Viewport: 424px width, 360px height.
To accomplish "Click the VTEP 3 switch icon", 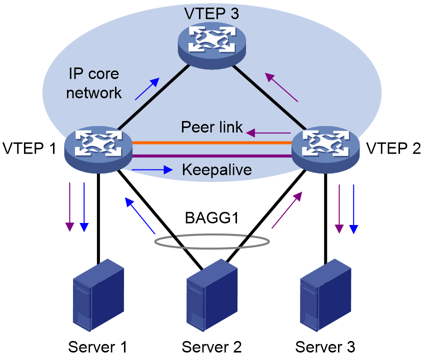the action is [211, 45].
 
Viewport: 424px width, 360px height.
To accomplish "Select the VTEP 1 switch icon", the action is [98, 149].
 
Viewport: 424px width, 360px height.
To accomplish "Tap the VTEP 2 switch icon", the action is [325, 149].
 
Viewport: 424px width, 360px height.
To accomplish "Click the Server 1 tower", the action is [98, 295].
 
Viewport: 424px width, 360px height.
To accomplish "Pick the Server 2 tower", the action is [212, 295].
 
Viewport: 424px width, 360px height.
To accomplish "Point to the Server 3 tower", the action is [325, 295].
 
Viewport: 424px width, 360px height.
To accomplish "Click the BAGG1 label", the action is [211, 217].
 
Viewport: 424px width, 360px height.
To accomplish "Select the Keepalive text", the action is [217, 170].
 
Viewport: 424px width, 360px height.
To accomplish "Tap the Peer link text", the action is [211, 127].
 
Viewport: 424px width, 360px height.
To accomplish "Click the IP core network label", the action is [93, 83].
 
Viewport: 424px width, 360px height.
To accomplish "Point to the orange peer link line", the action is [212, 142].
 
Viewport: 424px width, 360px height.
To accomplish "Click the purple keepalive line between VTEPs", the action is [212, 156].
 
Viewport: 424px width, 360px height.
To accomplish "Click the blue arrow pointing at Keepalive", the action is [152, 170].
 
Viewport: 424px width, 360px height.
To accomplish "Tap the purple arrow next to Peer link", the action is [268, 133].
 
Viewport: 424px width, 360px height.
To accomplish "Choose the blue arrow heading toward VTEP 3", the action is [147, 88].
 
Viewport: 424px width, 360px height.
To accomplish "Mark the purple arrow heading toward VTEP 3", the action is [281, 87].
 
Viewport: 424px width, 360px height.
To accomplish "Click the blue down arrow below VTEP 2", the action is [353, 209].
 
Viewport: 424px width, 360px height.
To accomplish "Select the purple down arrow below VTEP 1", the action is [70, 207].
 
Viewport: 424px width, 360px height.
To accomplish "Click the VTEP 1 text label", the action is [29, 148].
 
